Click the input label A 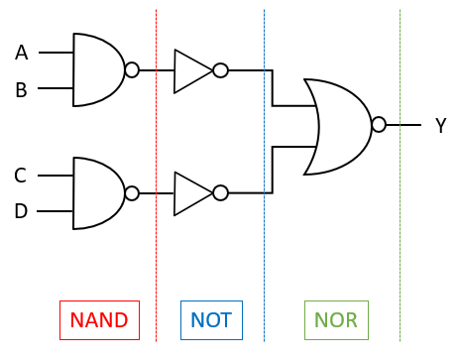[21, 53]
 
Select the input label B [21, 90]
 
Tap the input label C [20, 176]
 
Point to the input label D [21, 211]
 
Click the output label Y [440, 126]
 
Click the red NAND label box [99, 319]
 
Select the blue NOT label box [210, 319]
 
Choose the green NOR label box [335, 319]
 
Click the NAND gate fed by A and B [97, 70]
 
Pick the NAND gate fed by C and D [97, 193]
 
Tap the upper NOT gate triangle [190, 70]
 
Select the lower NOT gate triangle [190, 193]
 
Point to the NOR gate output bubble [379, 125]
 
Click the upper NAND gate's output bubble [132, 70]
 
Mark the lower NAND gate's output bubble [132, 193]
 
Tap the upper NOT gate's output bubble [220, 70]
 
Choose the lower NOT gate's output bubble [220, 193]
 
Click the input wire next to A [56, 53]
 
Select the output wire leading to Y [403, 125]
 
